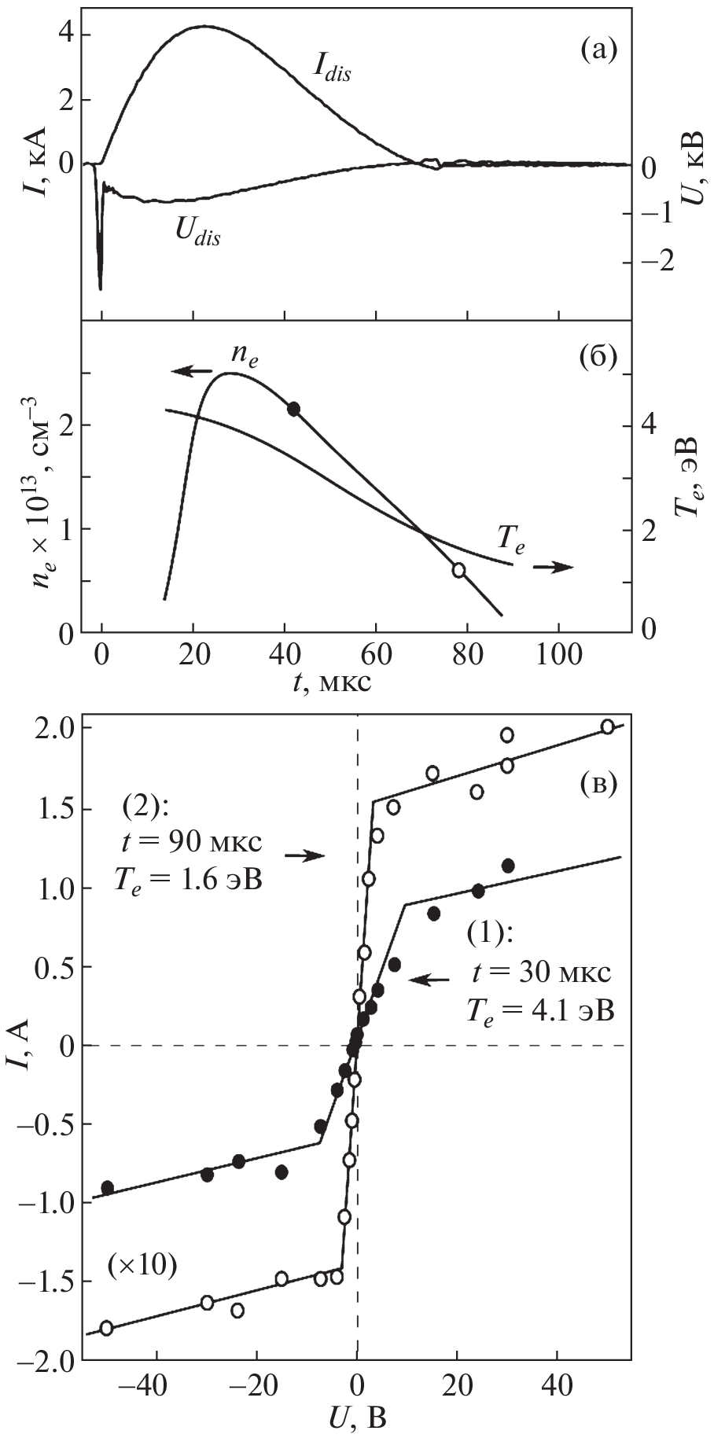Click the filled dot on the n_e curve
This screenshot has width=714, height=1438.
coord(294,409)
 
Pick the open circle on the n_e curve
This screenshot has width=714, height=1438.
coord(458,570)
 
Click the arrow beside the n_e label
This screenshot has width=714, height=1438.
coord(192,370)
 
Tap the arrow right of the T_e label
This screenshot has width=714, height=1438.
coord(554,567)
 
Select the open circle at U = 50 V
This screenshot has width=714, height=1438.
coord(607,726)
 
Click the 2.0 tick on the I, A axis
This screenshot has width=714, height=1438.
coord(54,727)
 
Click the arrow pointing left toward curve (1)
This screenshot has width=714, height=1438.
coord(432,980)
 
